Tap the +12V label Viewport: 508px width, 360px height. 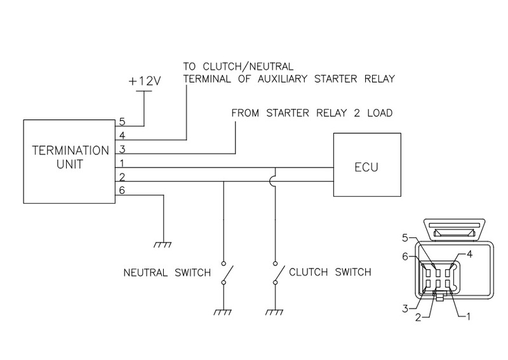[x=144, y=83]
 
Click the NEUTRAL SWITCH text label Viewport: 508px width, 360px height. [x=166, y=273]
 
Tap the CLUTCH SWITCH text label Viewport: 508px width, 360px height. [x=330, y=273]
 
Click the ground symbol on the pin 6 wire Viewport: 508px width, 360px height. [x=164, y=243]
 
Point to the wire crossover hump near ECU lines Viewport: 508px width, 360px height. [x=275, y=182]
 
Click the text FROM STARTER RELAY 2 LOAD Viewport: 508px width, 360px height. [x=312, y=114]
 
